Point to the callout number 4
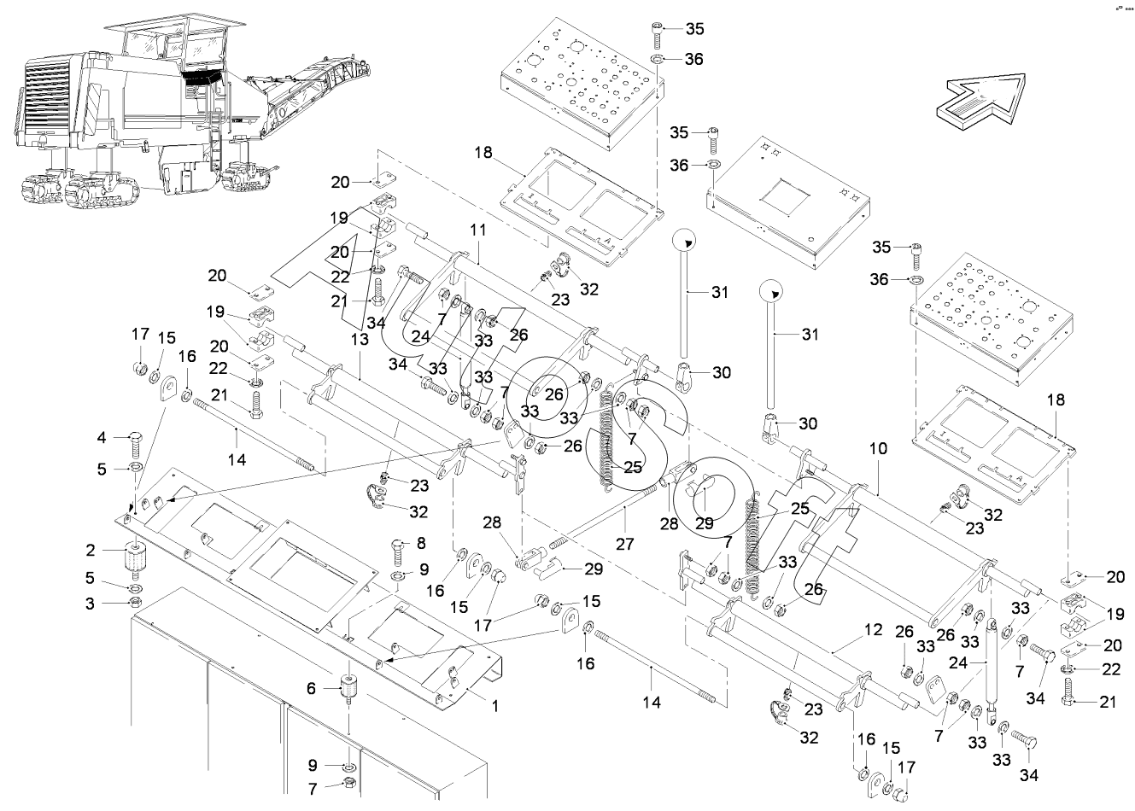[102, 438]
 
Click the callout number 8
[419, 543]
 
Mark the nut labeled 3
[134, 604]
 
